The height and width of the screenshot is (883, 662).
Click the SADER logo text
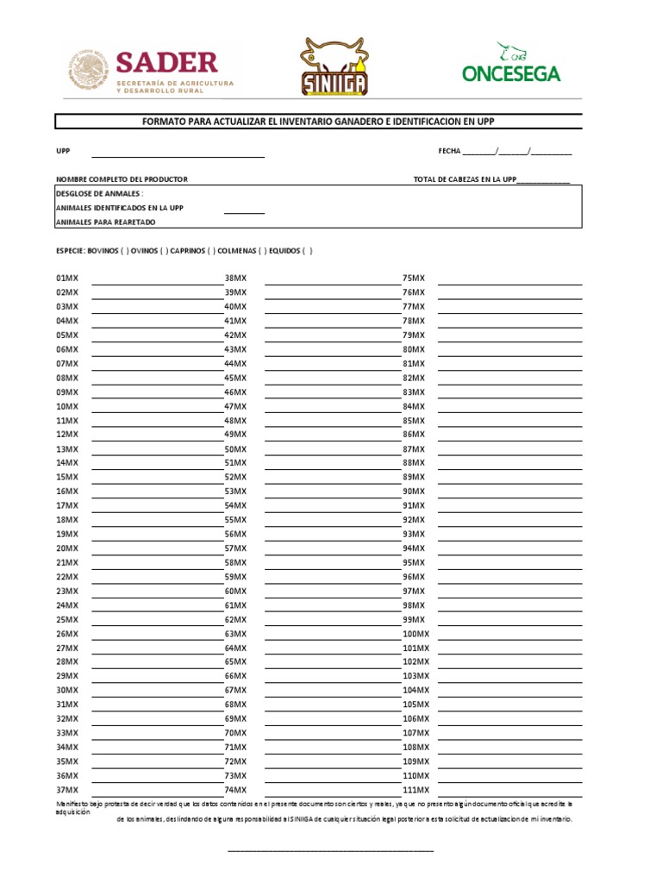(x=166, y=62)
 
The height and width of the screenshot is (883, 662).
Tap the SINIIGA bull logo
(x=334, y=67)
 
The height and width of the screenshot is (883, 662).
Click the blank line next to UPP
(x=178, y=155)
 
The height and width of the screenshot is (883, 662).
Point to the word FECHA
(x=450, y=151)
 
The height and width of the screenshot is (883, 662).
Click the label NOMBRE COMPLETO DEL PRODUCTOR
(x=122, y=179)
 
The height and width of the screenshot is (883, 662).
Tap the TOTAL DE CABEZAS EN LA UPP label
(x=465, y=179)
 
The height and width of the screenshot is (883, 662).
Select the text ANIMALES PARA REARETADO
(x=105, y=222)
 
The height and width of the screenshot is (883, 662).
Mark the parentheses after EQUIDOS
(x=308, y=251)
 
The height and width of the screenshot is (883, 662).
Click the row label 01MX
(x=66, y=279)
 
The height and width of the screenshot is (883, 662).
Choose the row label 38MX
(x=235, y=279)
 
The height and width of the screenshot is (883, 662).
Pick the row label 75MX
(x=414, y=279)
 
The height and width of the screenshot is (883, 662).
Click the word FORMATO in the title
(x=164, y=122)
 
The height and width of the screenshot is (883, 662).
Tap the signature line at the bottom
(x=330, y=850)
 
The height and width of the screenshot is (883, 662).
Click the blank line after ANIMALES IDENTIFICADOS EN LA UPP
(x=244, y=211)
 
